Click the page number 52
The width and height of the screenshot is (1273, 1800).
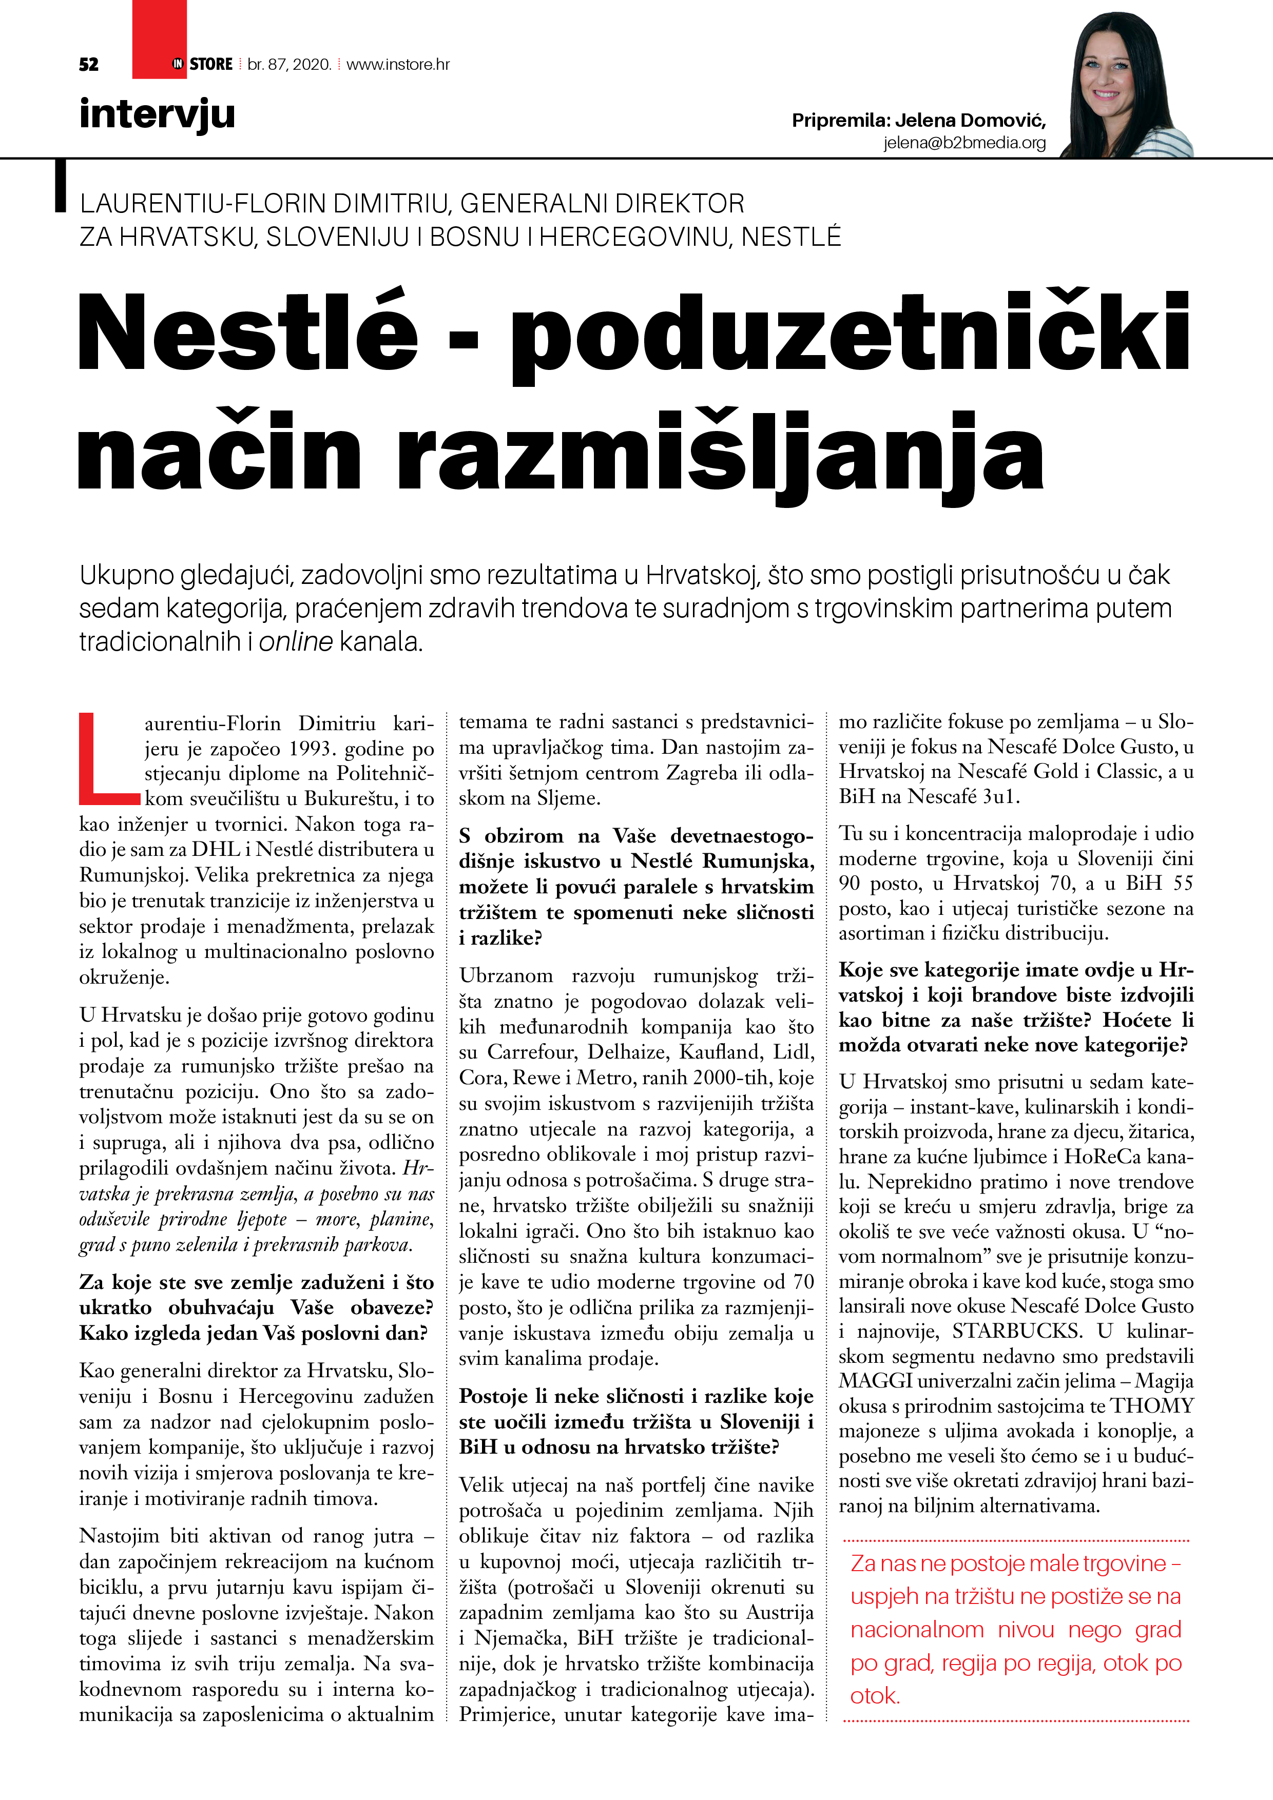(89, 64)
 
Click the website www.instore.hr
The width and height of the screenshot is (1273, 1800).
(398, 64)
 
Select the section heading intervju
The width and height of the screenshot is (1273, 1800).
(157, 114)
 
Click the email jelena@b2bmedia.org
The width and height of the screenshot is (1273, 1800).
(964, 143)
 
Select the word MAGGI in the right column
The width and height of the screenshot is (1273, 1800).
(875, 1381)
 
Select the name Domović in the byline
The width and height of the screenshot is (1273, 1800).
(1003, 120)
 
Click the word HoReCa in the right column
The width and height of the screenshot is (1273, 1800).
(1090, 1157)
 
